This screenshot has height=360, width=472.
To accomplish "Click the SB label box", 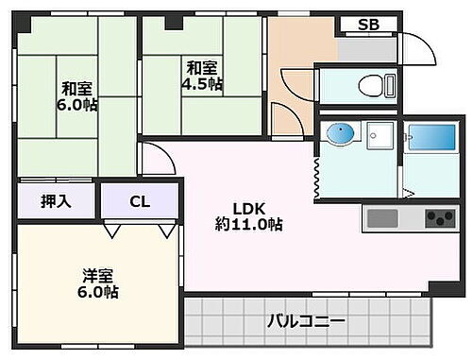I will (368, 26).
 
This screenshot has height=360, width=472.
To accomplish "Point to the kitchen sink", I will (383, 218).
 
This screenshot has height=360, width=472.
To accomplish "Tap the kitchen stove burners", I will (439, 218).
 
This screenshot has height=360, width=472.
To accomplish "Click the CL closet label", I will (140, 200).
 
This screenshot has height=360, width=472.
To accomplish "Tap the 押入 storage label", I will (56, 200).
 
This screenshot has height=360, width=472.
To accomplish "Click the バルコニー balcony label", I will (304, 321).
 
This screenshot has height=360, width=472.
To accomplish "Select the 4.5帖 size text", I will (202, 84).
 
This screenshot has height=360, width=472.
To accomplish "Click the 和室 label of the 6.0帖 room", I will (77, 88).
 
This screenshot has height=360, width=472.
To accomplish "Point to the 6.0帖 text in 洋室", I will (98, 293).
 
